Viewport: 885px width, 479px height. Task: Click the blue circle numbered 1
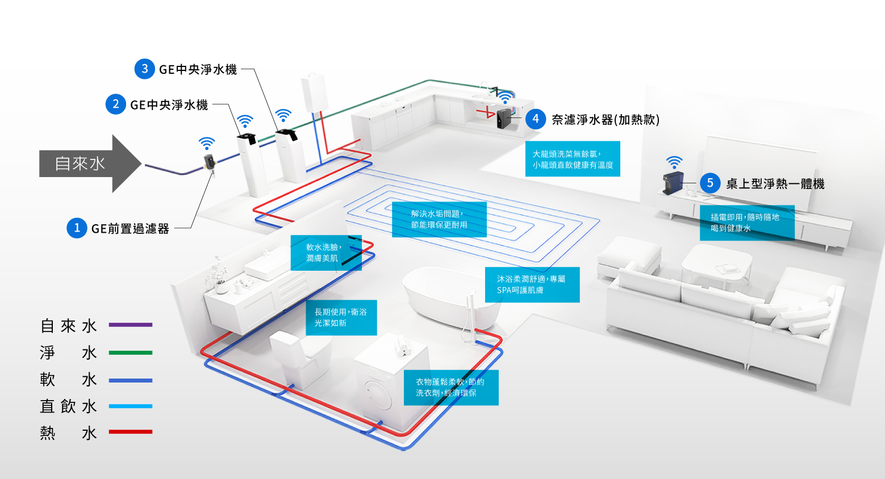tap(77, 228)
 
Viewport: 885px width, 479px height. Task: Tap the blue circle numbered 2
tap(116, 104)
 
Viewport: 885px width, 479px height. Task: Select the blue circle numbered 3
tap(145, 69)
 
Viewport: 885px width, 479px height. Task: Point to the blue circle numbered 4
tap(536, 119)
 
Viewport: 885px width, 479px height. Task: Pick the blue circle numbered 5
tap(710, 183)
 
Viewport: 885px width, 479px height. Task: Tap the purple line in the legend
tap(131, 325)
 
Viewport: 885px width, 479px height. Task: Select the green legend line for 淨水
tap(131, 352)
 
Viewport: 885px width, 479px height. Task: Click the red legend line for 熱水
tap(131, 432)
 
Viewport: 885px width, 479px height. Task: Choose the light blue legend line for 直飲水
tap(131, 406)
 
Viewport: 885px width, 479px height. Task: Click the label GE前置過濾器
tap(130, 229)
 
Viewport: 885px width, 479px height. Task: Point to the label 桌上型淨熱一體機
tap(775, 183)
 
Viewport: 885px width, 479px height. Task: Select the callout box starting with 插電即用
tap(747, 222)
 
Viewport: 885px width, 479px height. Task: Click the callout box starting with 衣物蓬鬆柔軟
tap(451, 388)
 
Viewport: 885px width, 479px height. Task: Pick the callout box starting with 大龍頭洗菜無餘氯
tap(573, 159)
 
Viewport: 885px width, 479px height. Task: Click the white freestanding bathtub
tap(449, 298)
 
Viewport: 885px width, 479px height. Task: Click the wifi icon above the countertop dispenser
tap(674, 162)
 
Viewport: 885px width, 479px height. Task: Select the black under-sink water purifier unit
tap(504, 120)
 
